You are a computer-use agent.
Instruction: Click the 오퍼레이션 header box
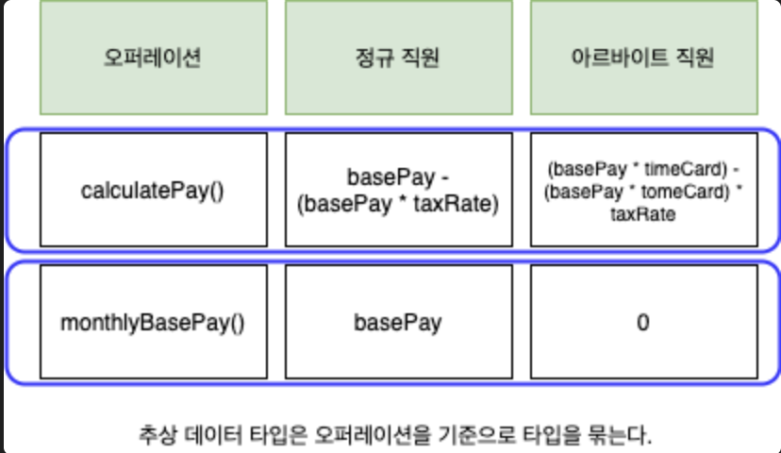point(153,58)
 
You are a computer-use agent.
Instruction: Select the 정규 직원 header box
point(398,58)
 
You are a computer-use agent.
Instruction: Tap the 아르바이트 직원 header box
point(643,58)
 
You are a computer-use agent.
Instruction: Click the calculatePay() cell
point(153,191)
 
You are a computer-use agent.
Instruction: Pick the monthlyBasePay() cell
point(153,322)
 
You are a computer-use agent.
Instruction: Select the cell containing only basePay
point(398,322)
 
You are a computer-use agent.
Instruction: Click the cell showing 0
point(643,322)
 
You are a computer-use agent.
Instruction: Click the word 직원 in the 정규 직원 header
point(422,59)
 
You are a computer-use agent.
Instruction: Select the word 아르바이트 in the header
point(619,59)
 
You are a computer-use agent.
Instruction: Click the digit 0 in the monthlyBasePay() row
point(643,322)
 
